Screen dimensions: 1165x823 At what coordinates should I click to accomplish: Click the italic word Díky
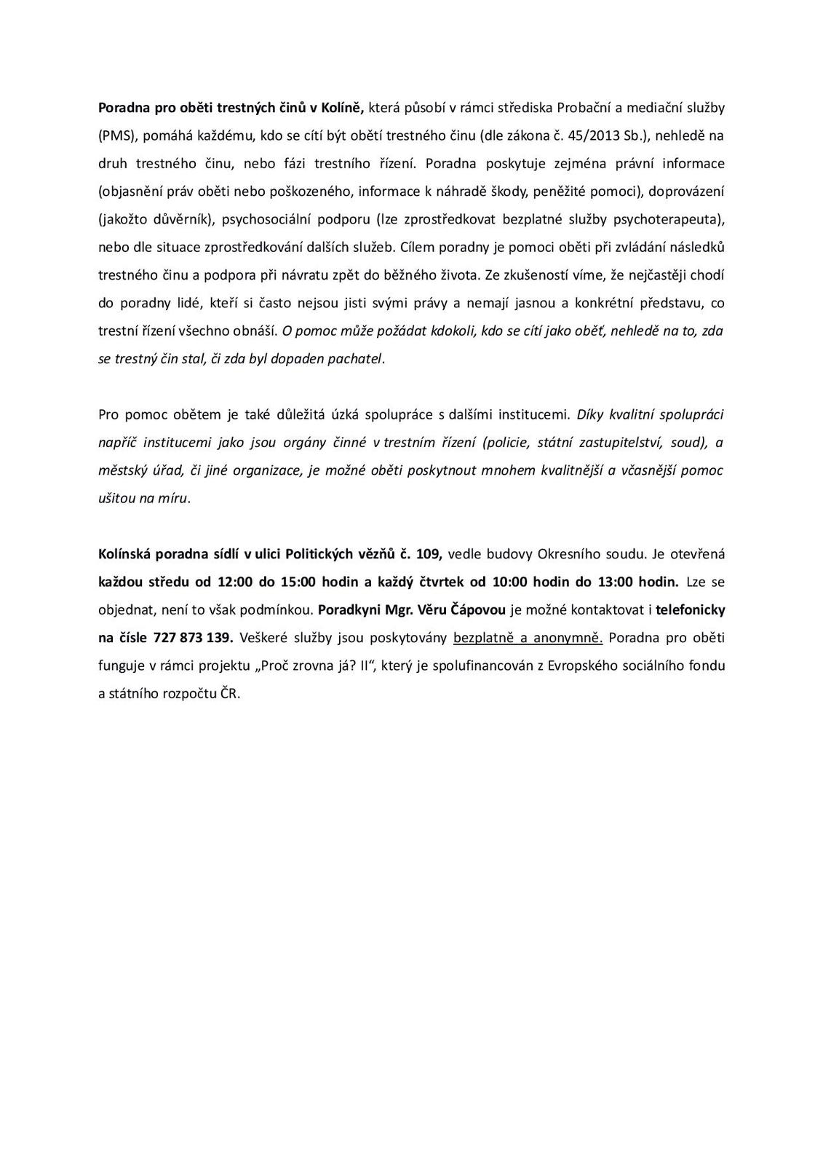tap(590, 415)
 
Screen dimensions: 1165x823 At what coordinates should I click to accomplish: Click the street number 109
tap(429, 554)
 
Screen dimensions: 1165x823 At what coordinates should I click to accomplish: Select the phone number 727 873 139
tap(193, 638)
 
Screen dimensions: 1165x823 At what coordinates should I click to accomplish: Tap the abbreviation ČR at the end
tap(231, 693)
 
